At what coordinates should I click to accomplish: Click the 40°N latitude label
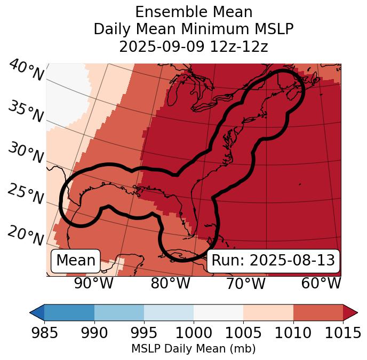(x=26, y=71)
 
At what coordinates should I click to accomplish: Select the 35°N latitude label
(x=25, y=112)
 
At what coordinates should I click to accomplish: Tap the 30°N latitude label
(x=25, y=153)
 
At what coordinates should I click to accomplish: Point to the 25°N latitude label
(x=25, y=194)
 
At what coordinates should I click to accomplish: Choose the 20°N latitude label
(x=25, y=235)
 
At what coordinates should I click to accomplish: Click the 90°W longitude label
(x=94, y=283)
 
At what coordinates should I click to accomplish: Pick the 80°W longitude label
(x=170, y=283)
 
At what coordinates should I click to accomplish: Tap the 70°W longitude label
(x=246, y=283)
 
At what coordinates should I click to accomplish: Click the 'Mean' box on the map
(x=76, y=261)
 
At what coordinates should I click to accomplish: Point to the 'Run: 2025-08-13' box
(x=273, y=261)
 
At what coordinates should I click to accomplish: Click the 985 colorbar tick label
(x=44, y=333)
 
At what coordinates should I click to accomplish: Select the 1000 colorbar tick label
(x=194, y=333)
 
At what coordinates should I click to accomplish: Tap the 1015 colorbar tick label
(x=343, y=333)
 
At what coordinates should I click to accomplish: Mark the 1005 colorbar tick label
(x=243, y=333)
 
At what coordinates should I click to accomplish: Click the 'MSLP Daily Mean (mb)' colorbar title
(x=194, y=349)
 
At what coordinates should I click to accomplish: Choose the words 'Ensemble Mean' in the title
(x=194, y=12)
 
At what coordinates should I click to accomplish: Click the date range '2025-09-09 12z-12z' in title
(x=194, y=46)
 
